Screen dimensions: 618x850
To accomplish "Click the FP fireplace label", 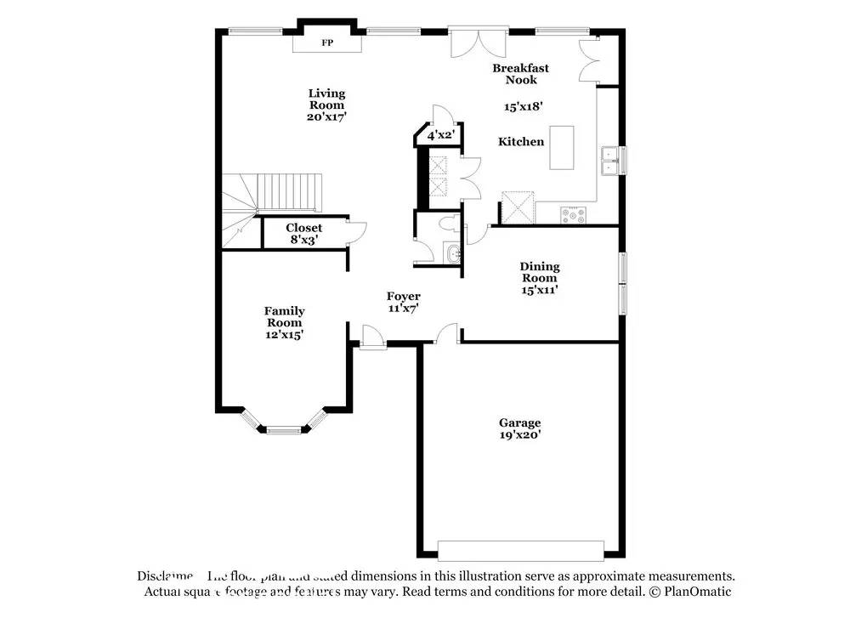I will coord(327,43).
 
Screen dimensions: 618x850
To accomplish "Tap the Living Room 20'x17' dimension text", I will coord(327,117).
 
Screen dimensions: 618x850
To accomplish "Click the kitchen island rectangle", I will coord(561,148).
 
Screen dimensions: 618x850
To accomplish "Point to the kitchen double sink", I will coord(610,160).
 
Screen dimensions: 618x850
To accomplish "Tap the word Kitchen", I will coord(521,142).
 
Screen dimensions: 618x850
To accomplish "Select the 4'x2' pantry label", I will coord(441,135).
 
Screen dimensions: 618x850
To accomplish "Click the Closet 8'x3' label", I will coord(303,234).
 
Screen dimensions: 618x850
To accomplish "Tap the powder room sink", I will coord(451,252).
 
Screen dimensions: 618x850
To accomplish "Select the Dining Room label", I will coord(540,272).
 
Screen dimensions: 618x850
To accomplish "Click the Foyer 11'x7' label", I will coord(404,302).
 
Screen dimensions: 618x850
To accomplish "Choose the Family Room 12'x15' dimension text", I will coord(284,335).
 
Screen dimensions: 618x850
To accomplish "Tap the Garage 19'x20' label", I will coord(519,428).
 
